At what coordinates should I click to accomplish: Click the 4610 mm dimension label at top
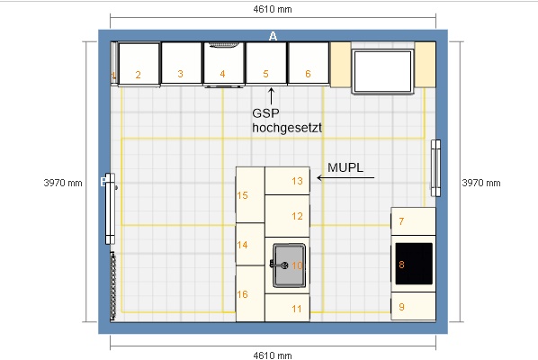[273, 9]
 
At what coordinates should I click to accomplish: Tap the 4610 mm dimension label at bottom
[273, 355]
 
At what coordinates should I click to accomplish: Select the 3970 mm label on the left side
[63, 183]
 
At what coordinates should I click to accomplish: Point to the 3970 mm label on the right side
[481, 183]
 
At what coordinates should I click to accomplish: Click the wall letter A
[273, 36]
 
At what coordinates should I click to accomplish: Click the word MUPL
[345, 167]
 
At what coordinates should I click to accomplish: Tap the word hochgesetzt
[287, 128]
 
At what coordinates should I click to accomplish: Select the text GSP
[265, 112]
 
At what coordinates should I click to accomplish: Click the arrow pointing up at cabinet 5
[271, 96]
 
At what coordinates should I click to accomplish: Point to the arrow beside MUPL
[345, 177]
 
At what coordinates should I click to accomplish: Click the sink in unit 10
[289, 265]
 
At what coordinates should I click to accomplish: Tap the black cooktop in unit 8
[414, 264]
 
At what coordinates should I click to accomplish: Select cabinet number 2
[139, 75]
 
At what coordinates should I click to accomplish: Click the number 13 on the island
[297, 181]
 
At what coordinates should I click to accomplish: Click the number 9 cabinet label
[401, 307]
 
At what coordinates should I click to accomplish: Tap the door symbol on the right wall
[435, 168]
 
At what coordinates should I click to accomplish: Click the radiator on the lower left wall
[112, 286]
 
